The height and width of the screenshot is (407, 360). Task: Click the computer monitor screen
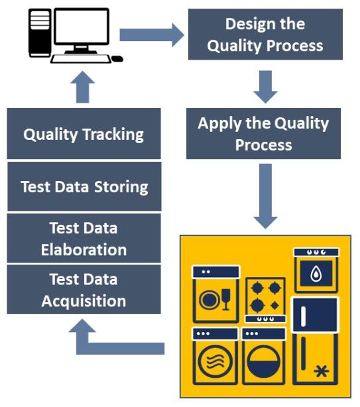(x=82, y=26)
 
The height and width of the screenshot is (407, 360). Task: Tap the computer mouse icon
(x=117, y=58)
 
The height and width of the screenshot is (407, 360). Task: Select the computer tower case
(x=40, y=32)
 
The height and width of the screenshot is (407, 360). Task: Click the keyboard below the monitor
(x=81, y=58)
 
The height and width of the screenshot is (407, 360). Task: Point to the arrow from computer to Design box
(x=152, y=35)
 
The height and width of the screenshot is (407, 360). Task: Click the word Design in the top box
(x=247, y=24)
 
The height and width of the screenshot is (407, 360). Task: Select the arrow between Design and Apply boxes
(x=265, y=87)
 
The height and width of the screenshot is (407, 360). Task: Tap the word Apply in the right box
(x=219, y=124)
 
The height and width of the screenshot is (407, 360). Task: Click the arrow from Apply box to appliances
(x=265, y=196)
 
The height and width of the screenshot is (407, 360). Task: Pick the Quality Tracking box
(x=84, y=134)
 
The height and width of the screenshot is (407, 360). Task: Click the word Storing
(x=121, y=187)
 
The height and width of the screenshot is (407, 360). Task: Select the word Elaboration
(x=84, y=250)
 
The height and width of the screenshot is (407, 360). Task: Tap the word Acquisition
(x=84, y=301)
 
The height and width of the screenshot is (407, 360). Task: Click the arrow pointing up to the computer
(x=82, y=87)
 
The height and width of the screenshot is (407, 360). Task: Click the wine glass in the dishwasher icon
(x=226, y=299)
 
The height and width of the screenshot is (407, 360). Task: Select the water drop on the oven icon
(x=316, y=274)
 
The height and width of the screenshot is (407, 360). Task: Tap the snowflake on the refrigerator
(x=322, y=371)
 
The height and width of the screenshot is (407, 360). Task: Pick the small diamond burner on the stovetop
(x=274, y=306)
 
